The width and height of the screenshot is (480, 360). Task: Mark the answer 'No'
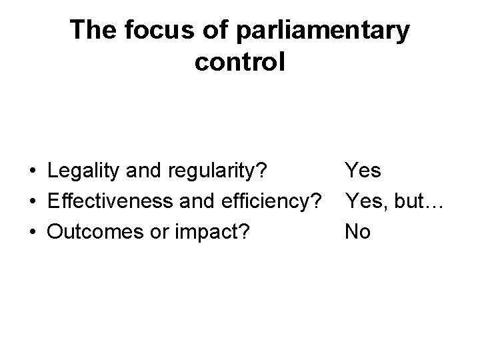tap(357, 231)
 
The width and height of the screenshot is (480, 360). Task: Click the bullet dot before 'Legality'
tap(32, 172)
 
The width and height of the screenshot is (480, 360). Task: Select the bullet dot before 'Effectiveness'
tap(32, 202)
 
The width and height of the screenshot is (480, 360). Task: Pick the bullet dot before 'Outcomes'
tap(32, 232)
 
